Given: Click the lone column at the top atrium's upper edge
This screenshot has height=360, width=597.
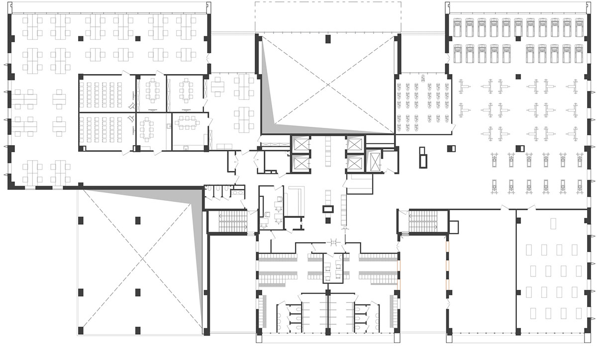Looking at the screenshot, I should (x=327, y=39).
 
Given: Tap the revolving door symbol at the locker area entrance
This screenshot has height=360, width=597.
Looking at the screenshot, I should (x=334, y=242).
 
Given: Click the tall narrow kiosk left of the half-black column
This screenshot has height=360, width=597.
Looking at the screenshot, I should (x=423, y=156).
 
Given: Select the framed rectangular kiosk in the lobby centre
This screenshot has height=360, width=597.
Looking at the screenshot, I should (x=327, y=209).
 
